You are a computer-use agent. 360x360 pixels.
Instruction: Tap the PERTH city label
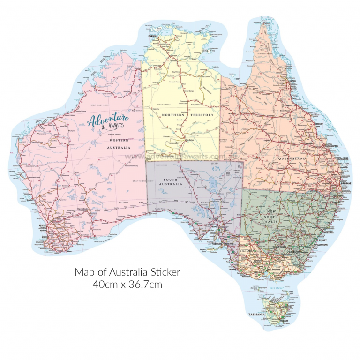[x=42, y=226]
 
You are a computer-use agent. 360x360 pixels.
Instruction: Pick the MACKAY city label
[x=320, y=124]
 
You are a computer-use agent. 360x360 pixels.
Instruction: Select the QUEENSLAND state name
[x=292, y=159]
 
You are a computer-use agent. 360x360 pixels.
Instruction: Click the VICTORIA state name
[x=247, y=251]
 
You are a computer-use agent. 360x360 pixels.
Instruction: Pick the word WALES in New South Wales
[x=283, y=224]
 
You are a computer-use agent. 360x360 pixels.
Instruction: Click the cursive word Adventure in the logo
[x=108, y=120]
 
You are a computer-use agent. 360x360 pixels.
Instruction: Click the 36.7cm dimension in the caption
[x=143, y=284]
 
